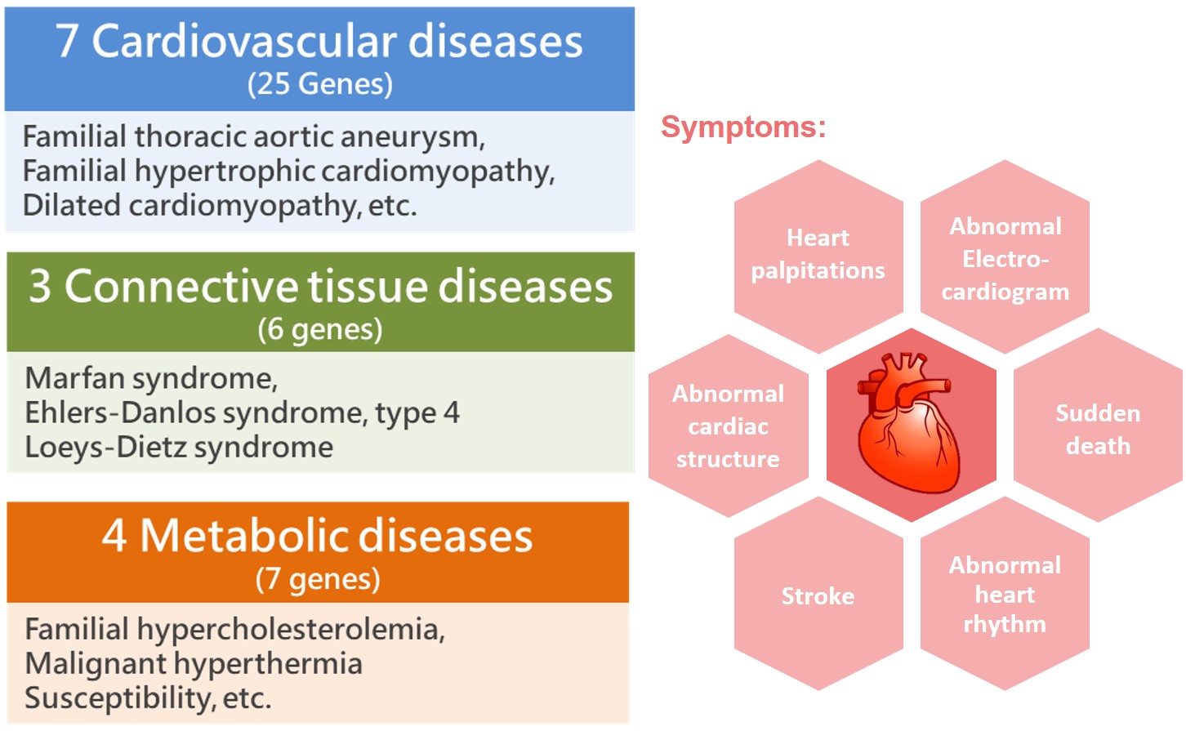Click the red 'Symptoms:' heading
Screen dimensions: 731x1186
[743, 127]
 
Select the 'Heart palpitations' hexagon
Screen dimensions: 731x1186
[818, 255]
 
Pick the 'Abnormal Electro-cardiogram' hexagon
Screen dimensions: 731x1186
[1005, 258]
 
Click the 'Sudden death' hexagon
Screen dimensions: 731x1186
[1097, 429]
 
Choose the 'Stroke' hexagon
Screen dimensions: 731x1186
[818, 596]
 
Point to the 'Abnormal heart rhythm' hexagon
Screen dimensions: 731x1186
[1005, 595]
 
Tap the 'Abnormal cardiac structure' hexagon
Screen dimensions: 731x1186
[728, 426]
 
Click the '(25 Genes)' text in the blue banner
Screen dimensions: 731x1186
[320, 84]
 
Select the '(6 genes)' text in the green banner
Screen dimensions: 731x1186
[320, 330]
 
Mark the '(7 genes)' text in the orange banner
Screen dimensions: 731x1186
[318, 579]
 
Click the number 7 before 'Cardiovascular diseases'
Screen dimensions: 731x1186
[68, 42]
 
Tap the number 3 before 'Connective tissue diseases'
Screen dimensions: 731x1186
[40, 287]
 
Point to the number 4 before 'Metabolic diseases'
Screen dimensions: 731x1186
[114, 537]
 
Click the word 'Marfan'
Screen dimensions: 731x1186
[74, 378]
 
